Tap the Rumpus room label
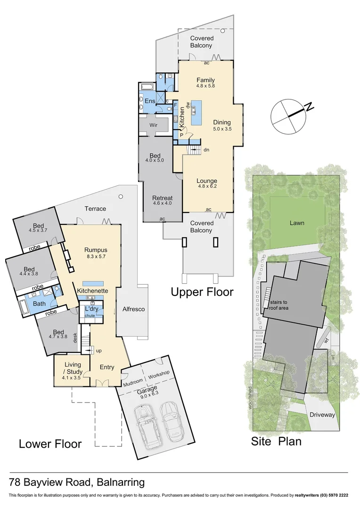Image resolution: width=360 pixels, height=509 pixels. coord(96,250)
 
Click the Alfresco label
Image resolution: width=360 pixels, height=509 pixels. coord(133,309)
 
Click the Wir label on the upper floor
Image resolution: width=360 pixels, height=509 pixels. coord(153,126)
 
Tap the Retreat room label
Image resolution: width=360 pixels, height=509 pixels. coord(162,197)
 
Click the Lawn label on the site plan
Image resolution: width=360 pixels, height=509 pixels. coord(297,223)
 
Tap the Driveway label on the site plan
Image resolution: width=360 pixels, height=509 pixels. coord(322,415)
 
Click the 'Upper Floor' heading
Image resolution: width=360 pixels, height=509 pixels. coord(202,292)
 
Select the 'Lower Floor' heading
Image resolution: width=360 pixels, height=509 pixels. coord(50,443)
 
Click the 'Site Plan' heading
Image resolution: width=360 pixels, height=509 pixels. coord(276,441)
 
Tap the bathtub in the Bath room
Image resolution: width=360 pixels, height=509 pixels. coord(23,307)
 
